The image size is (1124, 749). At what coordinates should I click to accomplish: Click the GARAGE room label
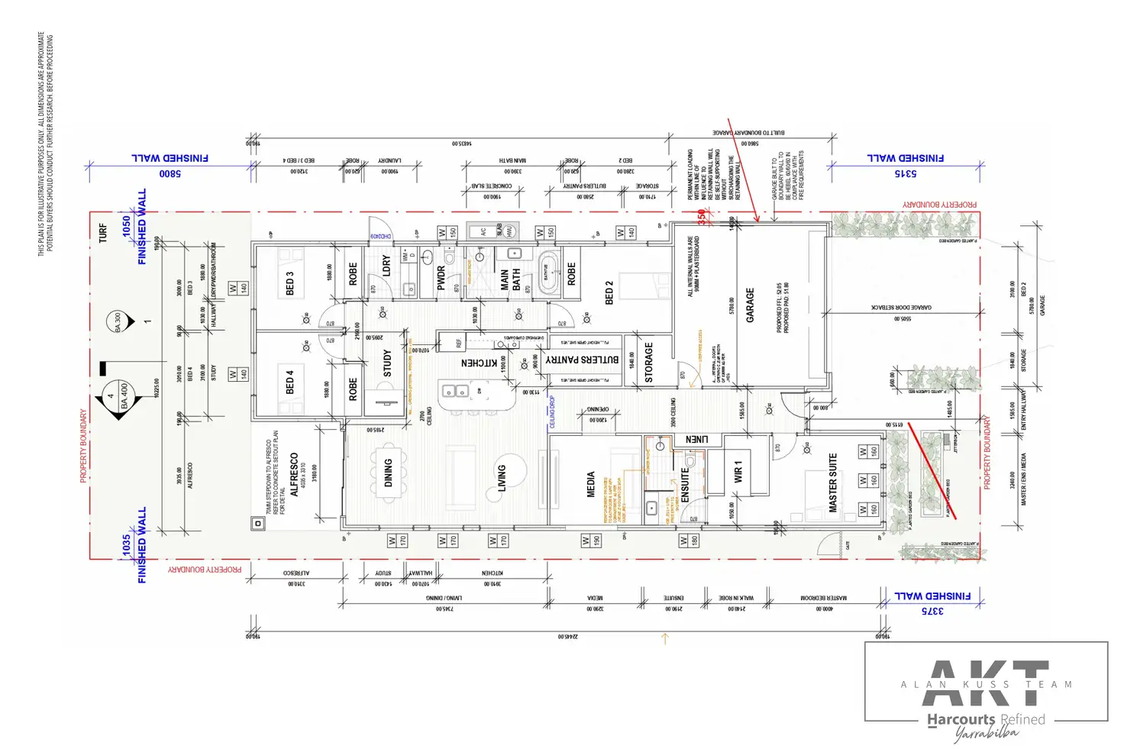coord(750,305)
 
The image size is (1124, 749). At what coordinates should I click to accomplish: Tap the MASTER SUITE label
coord(833,483)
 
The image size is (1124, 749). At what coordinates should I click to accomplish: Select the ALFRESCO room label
coord(294,474)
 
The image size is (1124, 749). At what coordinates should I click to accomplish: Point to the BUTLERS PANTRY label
coord(583,360)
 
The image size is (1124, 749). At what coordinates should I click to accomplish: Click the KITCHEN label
coord(480,363)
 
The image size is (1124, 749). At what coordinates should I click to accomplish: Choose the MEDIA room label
coord(590,484)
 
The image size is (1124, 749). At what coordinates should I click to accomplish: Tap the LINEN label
coord(696,440)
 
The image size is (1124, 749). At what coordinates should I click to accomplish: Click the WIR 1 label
coord(738,472)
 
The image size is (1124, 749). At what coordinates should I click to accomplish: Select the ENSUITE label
coord(685,484)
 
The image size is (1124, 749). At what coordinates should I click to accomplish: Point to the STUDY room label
coord(387,363)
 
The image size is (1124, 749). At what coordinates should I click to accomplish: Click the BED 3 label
coord(289,283)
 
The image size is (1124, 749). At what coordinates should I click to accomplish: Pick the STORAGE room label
coord(648,362)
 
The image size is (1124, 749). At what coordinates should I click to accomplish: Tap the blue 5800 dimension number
coord(170,174)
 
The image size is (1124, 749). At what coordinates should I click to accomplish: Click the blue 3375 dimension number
coord(932,611)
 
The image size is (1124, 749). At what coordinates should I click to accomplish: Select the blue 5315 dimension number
coord(906,174)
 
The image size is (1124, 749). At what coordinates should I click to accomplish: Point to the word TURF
coord(103,234)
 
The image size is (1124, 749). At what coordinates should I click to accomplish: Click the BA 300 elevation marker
coord(118,321)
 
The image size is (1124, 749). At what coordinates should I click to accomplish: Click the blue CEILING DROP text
coord(552,412)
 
